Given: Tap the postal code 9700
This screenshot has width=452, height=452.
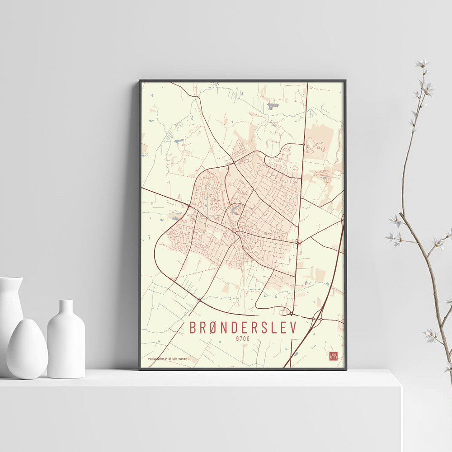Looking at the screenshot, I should pos(243,339).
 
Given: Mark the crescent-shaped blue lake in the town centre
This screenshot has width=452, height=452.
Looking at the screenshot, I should pos(235,209).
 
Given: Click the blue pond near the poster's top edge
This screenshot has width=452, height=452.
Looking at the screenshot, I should pos(272,106).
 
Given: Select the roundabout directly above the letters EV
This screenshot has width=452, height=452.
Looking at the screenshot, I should pos(292,313).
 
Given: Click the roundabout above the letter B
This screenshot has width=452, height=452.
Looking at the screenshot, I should pos(199,300).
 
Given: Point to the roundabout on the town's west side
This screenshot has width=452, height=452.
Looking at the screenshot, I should pos(188,206).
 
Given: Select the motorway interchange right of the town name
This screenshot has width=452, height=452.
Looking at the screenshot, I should pos(316,319).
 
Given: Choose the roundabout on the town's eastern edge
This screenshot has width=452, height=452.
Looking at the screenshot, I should pos(298,243).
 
